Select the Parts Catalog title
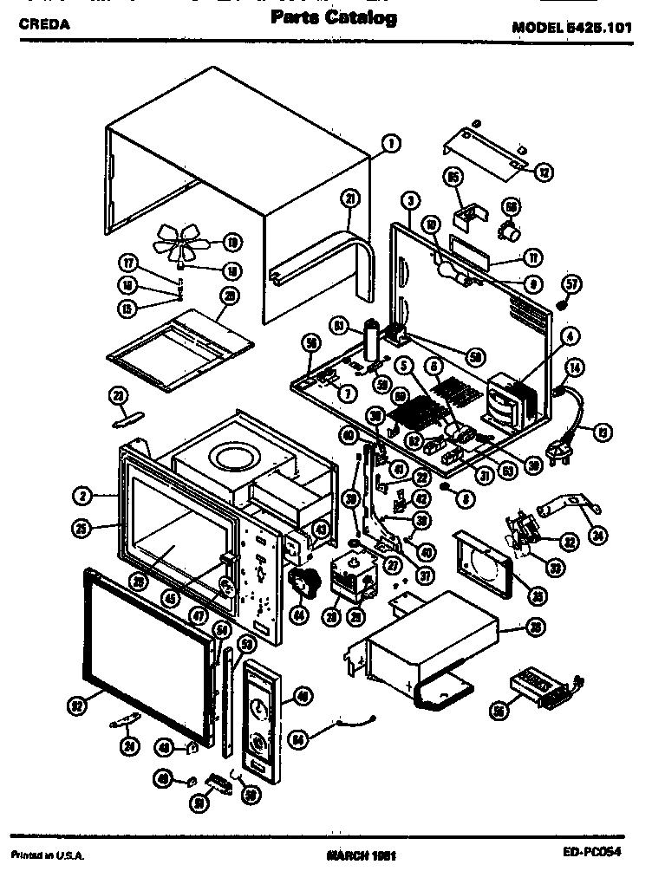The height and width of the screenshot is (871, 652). (x=334, y=18)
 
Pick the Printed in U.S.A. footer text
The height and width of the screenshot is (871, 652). (x=43, y=856)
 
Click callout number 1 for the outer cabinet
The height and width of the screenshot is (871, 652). (x=389, y=144)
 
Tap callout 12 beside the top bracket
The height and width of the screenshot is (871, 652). (x=544, y=172)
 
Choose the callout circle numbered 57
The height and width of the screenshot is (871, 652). (x=571, y=283)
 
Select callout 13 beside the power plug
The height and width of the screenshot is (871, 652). (x=601, y=429)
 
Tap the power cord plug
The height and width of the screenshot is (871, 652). (x=560, y=445)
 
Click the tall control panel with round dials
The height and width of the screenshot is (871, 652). (x=258, y=716)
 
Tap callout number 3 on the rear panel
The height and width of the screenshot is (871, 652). (x=408, y=201)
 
